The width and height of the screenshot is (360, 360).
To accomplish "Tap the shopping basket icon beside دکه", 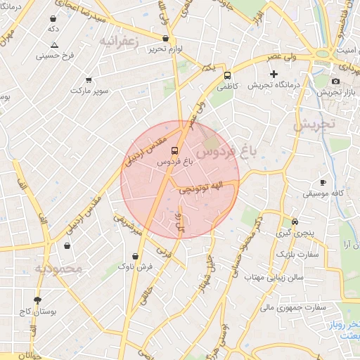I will pos(54,19).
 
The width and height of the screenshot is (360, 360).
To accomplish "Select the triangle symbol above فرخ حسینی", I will pos(54,45).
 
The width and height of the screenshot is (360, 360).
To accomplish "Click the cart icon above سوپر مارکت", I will pos(89,80).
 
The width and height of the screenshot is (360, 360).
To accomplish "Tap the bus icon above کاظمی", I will pos(227,75).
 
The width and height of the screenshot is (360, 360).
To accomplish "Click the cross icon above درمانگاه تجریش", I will pos(274,74).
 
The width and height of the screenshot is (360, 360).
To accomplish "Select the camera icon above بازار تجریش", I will pos(335,81).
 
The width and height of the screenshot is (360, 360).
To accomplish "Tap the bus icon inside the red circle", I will pos(174,150).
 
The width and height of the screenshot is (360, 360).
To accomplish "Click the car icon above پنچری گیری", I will pos(295,220).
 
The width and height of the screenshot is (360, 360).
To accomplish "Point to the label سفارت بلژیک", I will pos(298,253).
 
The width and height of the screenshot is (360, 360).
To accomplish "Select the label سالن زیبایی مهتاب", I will pos(274,276).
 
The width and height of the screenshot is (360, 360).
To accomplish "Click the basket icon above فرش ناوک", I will pos(134,257).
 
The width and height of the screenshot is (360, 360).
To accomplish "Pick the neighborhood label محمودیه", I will pos(59,268).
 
